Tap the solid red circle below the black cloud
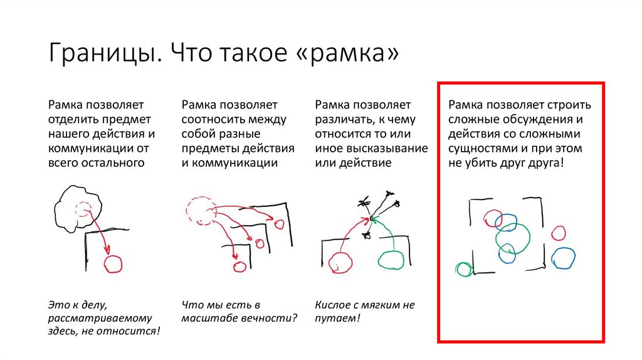(113, 264)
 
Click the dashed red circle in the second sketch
(199, 211)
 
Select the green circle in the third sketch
(392, 260)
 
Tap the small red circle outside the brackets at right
(558, 233)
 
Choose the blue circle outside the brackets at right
(563, 258)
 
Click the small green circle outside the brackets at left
(464, 270)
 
